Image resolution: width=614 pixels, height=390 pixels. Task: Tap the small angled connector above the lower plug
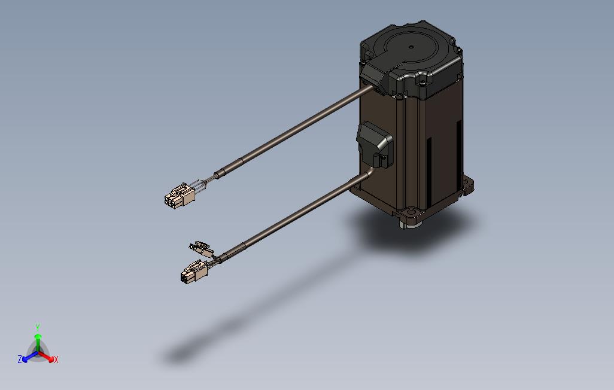[x=201, y=248]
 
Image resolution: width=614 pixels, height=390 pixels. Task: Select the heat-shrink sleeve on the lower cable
[x=232, y=253]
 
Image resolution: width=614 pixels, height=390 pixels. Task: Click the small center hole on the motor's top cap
[x=411, y=47]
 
